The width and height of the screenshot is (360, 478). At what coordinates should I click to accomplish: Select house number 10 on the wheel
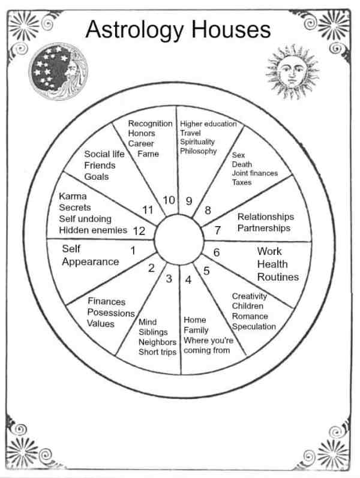pos(169,200)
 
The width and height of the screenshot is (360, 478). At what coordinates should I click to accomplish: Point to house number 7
pos(218,230)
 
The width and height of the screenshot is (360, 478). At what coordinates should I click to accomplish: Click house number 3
pos(169,278)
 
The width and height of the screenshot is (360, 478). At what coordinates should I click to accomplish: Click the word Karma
pos(73,196)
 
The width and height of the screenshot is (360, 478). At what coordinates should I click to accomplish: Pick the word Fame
pos(148,154)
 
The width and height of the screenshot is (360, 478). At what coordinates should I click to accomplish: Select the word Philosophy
pos(198,151)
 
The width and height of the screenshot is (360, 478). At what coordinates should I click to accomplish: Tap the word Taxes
pos(242,182)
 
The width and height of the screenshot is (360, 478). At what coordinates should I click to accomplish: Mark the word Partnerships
pos(263,228)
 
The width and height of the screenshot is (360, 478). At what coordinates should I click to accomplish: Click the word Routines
pos(278,277)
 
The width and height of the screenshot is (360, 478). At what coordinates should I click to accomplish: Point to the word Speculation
pos(254,327)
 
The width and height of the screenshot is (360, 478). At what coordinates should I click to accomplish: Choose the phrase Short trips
pos(157,352)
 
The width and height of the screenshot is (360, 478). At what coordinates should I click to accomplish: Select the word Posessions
pos(111,312)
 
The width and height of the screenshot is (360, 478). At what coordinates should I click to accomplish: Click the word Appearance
pos(90,261)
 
